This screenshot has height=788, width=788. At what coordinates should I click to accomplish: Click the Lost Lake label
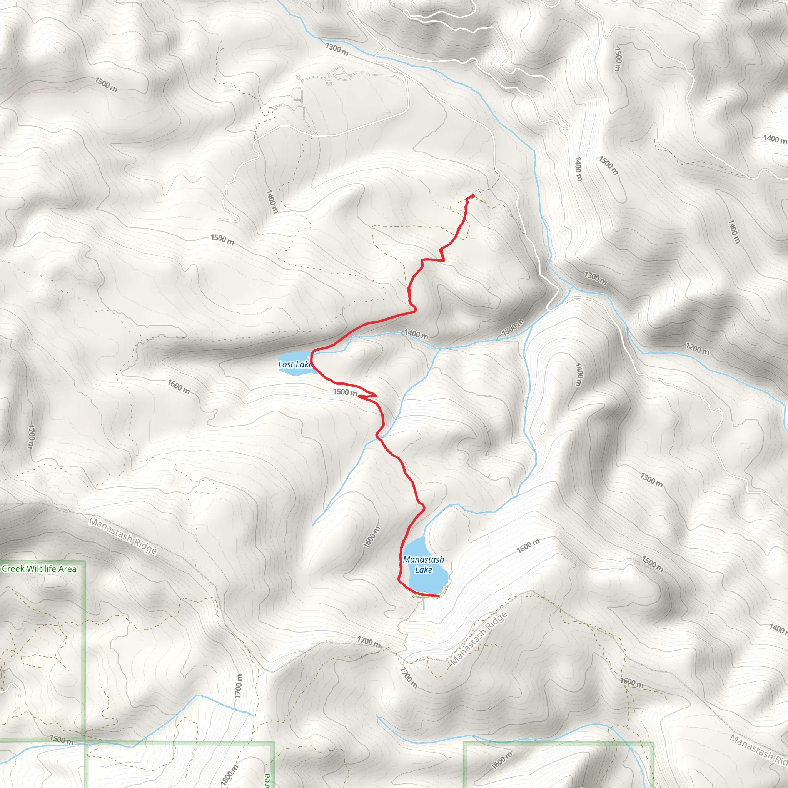tap(294, 364)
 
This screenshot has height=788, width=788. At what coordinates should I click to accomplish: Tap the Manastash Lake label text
tap(423, 564)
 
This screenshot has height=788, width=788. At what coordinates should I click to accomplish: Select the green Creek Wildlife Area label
tap(39, 569)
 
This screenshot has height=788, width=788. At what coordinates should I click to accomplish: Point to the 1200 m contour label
tap(697, 348)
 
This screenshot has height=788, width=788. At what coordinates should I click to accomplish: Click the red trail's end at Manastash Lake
tap(438, 596)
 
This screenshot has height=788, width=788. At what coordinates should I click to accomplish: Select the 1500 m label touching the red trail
tap(345, 392)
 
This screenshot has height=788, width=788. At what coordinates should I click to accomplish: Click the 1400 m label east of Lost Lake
tap(416, 334)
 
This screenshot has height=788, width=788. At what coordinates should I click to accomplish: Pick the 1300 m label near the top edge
tap(337, 49)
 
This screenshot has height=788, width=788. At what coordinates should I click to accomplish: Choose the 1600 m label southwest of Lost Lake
tap(179, 386)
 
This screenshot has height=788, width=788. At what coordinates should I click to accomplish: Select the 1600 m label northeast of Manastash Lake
tap(528, 545)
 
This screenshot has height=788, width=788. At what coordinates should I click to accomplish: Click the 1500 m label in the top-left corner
tap(106, 84)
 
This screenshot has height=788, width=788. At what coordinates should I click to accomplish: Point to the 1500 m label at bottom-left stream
tap(62, 740)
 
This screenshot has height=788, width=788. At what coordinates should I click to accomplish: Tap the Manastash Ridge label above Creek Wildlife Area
tap(123, 536)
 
